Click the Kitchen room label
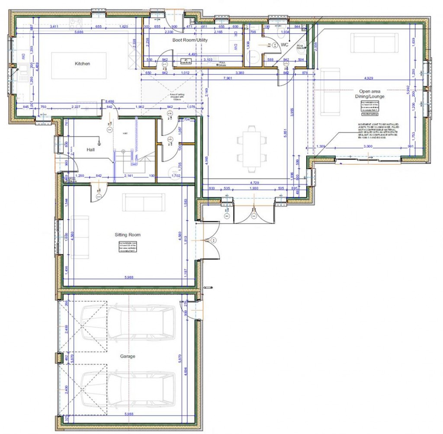click(82, 64)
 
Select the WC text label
click(284, 45)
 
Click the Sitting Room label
click(127, 235)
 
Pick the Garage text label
click(127, 357)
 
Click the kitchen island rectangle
click(79, 66)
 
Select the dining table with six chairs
click(251, 146)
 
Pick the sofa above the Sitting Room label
click(144, 202)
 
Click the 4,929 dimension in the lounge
click(368, 78)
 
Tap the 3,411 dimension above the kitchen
click(54, 27)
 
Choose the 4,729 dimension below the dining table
click(255, 183)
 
